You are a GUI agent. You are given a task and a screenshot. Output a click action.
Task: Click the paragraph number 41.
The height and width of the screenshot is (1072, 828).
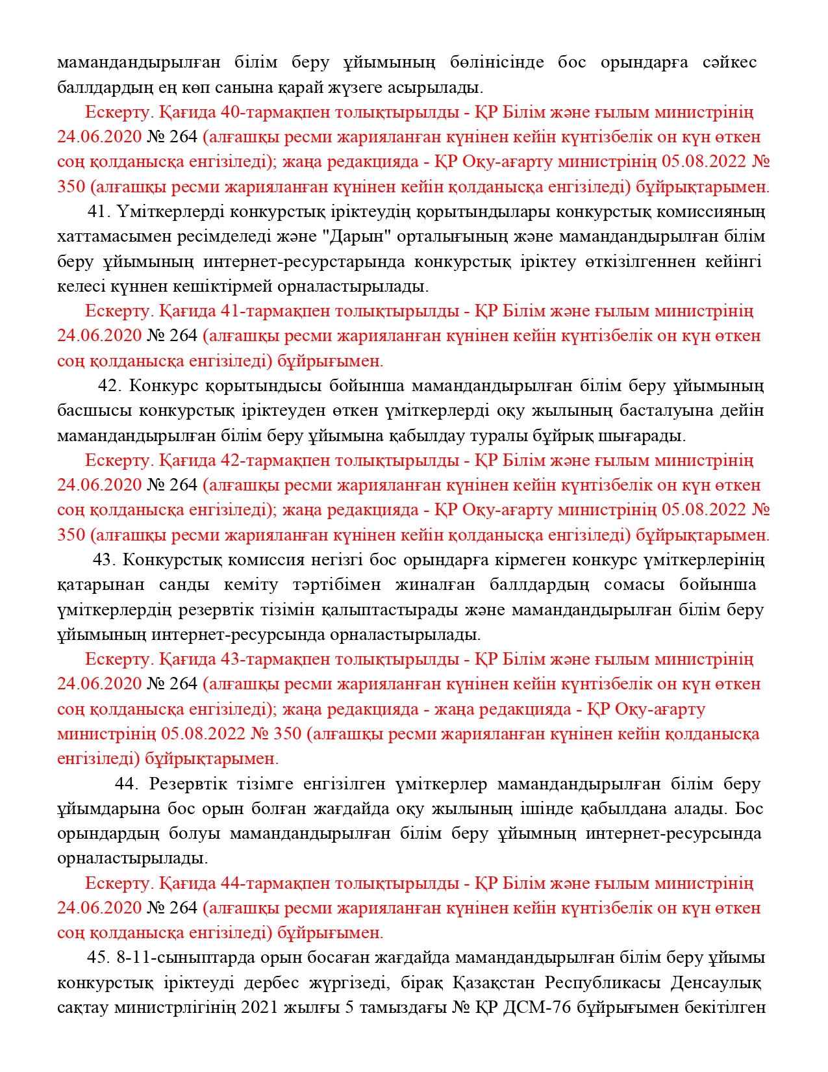[x=99, y=212]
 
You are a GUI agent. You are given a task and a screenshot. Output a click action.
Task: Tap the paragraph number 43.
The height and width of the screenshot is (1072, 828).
[x=104, y=560]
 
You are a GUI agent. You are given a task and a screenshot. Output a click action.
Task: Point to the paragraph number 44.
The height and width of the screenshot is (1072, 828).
[x=127, y=784]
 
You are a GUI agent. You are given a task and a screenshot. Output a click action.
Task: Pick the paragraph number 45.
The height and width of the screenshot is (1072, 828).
[x=98, y=958]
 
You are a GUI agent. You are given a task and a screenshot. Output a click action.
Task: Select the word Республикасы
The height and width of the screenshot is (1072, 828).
[x=601, y=983]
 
